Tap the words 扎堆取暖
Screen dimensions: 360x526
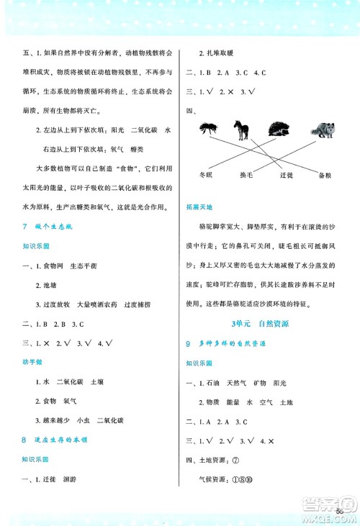[x=217, y=54]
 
